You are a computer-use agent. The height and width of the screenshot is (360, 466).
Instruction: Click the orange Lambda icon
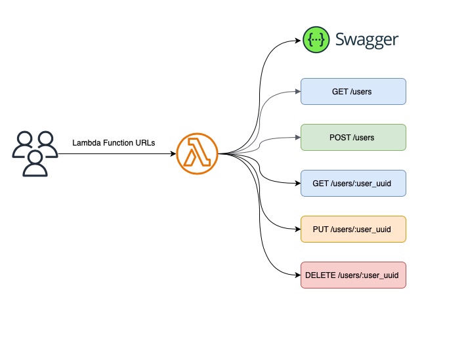pyautogui.click(x=197, y=154)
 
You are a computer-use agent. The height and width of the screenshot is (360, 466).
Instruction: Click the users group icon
pyautogui.click(x=35, y=154)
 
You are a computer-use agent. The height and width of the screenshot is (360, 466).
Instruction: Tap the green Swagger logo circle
pyautogui.click(x=316, y=39)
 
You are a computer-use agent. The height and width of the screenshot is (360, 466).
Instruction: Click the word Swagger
pyautogui.click(x=366, y=39)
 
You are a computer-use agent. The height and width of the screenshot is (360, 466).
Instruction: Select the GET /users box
pyautogui.click(x=353, y=92)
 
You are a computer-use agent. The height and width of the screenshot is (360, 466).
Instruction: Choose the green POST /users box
pyautogui.click(x=353, y=138)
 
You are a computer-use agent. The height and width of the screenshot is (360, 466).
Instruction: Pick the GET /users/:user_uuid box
pyautogui.click(x=353, y=184)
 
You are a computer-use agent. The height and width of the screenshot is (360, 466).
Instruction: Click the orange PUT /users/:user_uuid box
pyautogui.click(x=353, y=230)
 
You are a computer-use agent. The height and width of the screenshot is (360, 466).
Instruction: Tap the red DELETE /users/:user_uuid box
pyautogui.click(x=353, y=275)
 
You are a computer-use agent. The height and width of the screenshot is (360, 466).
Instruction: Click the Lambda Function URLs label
pyautogui.click(x=114, y=142)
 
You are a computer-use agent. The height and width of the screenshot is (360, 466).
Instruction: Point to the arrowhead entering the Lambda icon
pyautogui.click(x=173, y=154)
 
